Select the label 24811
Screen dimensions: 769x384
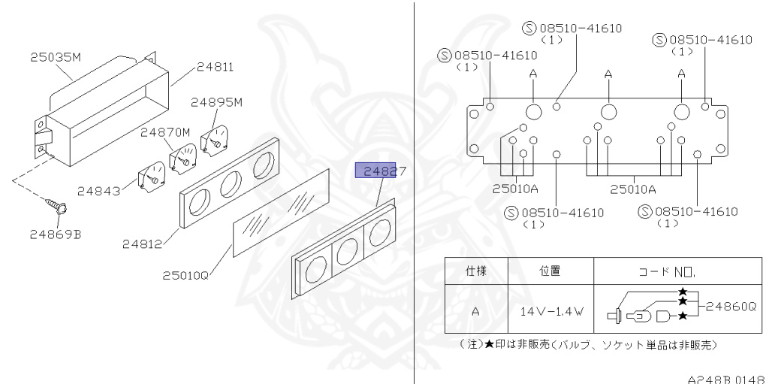tap(215, 67)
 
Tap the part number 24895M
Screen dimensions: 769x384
tap(217, 101)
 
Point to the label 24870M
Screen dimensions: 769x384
tap(166, 132)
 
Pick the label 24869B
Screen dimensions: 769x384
tap(56, 234)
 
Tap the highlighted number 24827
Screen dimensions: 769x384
tap(380, 171)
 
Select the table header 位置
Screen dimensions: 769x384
tap(550, 271)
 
